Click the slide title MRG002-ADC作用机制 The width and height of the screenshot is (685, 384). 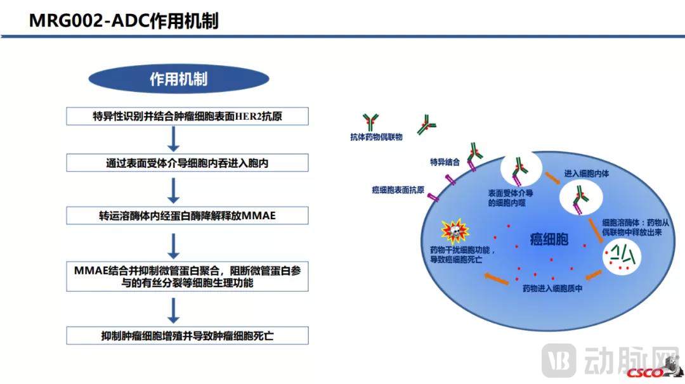[x=124, y=21]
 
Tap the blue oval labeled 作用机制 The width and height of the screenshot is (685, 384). [x=178, y=79]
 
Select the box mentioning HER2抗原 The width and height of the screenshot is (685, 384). [x=188, y=116]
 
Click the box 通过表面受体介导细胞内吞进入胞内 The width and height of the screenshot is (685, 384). [x=188, y=163]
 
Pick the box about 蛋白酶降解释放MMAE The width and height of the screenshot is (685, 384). [x=188, y=215]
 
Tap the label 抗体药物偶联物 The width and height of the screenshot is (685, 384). [x=376, y=136]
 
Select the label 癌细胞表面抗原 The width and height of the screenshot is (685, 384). [x=398, y=189]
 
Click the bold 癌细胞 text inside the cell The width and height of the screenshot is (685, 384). [x=549, y=240]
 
